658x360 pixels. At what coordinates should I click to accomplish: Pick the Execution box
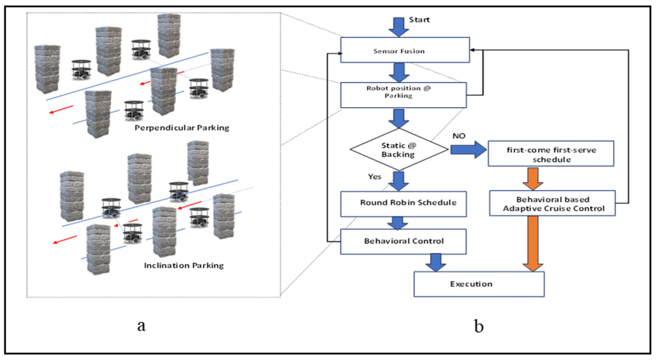click(x=478, y=284)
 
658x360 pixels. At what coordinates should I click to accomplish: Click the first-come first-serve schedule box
click(x=550, y=154)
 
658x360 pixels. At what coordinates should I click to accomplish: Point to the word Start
click(x=419, y=20)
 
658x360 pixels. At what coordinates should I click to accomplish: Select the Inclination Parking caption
click(x=184, y=266)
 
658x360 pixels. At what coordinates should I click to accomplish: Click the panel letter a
click(x=141, y=327)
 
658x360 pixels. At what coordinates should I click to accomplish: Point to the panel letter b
click(x=479, y=327)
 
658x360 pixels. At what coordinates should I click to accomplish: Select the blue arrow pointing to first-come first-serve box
click(x=468, y=149)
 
